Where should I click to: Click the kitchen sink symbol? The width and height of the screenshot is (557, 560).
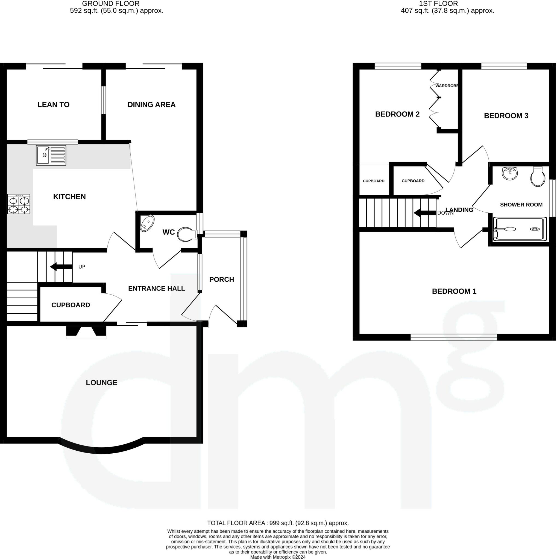51,155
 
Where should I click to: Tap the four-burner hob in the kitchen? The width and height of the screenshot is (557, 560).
19,204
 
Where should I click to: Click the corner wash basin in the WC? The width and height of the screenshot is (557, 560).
147,223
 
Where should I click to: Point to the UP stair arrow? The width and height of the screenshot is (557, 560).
61,266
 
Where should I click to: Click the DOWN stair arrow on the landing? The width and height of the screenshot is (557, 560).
425,213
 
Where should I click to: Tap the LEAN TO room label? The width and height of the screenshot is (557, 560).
53,105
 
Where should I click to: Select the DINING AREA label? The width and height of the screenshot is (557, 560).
151,105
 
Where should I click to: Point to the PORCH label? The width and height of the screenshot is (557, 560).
222,279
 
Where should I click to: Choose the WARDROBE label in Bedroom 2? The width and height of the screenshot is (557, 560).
447,86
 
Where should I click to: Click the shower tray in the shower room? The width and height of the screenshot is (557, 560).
520,229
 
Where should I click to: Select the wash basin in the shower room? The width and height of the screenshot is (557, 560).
510,173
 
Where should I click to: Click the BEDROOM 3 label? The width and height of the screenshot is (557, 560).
506,116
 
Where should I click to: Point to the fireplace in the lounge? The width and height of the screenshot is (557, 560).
86,332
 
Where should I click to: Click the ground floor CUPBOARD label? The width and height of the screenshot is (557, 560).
71,305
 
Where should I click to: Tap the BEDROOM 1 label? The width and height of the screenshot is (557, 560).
454,291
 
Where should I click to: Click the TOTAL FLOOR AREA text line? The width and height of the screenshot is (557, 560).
278,523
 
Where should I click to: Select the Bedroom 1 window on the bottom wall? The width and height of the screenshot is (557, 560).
454,337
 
